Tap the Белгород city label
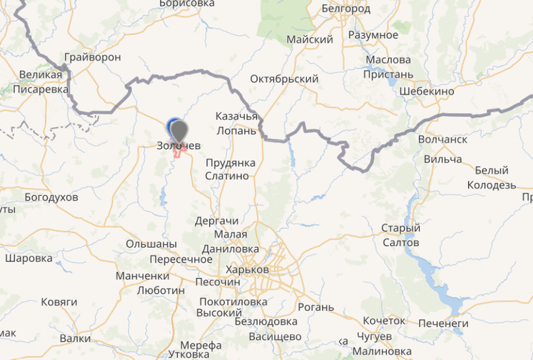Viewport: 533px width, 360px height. (x=346, y=9)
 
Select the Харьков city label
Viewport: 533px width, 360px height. (x=246, y=270)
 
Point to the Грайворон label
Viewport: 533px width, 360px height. (x=92, y=57)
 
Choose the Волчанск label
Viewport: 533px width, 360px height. (x=442, y=139)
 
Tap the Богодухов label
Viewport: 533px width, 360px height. (x=51, y=197)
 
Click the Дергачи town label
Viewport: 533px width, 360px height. (x=216, y=221)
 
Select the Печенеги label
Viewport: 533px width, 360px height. (x=443, y=324)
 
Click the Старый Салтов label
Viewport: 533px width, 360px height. (x=400, y=235)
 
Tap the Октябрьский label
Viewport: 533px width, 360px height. (x=284, y=78)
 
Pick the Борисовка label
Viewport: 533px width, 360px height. (x=187, y=4)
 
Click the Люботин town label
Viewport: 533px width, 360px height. (x=160, y=290)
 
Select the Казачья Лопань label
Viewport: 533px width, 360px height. (x=236, y=123)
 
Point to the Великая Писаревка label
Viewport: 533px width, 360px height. (x=40, y=82)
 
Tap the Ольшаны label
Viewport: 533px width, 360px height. (x=151, y=244)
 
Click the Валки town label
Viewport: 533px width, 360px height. (x=75, y=338)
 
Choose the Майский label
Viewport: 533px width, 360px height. (x=310, y=40)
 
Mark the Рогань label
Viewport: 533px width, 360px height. (x=315, y=307)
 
